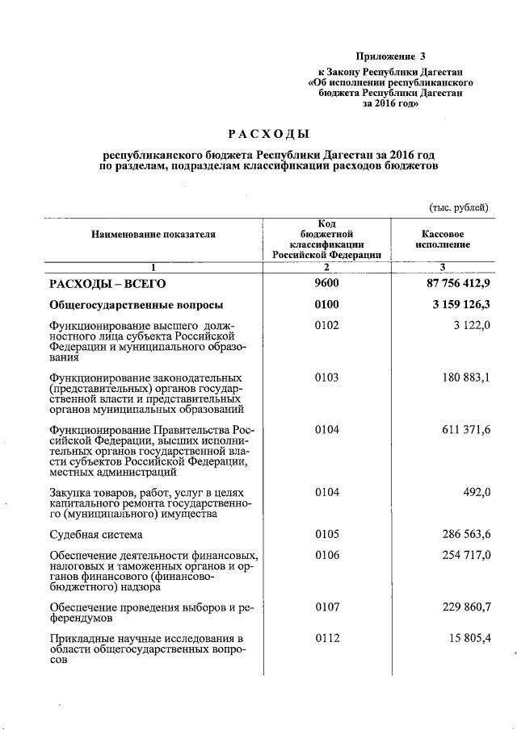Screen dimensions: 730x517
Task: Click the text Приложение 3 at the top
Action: (x=390, y=56)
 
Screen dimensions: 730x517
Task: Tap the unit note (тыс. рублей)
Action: (x=457, y=207)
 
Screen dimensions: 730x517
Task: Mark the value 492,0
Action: (x=473, y=492)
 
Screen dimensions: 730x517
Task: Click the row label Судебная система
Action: (x=96, y=534)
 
